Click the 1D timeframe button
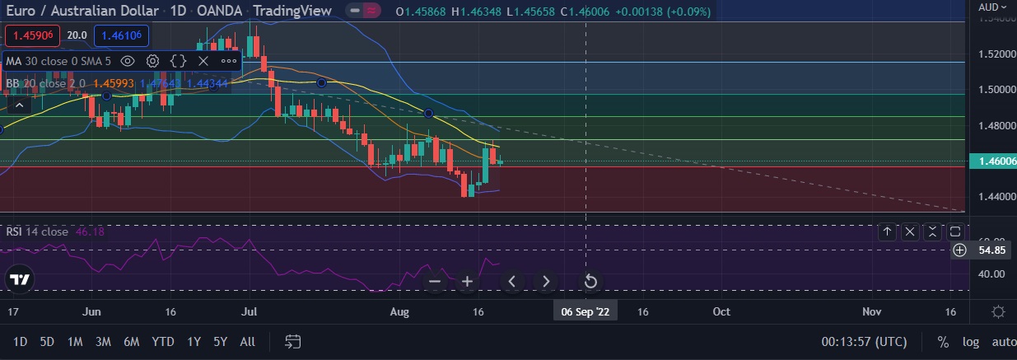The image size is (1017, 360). coord(21,341)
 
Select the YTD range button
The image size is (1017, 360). coord(163,341)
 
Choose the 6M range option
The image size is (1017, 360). coord(131,341)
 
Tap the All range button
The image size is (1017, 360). coord(247,341)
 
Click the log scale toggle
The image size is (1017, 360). coord(972,341)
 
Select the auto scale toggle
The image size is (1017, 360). coord(1004,341)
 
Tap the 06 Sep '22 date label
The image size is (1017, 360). coord(585,311)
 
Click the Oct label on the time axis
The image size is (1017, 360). coord(721,311)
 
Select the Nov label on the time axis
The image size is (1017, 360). coord(871,311)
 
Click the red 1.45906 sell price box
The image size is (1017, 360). coord(31,35)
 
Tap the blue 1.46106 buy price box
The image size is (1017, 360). coord(121,35)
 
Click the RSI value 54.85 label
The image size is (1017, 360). coord(988,250)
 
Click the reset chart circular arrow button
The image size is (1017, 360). coord(590,282)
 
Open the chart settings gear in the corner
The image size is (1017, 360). coord(998,311)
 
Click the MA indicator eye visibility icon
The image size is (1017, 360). coord(128,60)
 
